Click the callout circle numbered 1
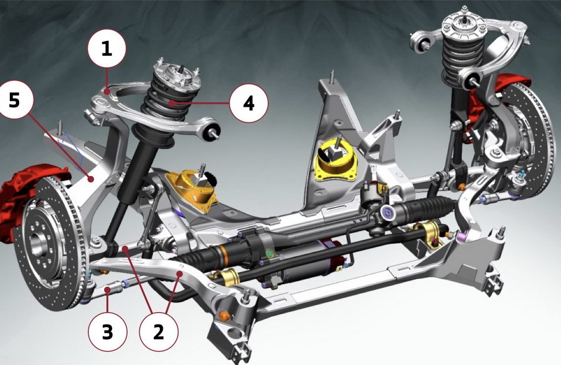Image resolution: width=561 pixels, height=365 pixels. (x=107, y=48)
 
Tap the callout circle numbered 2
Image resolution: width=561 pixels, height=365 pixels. (x=158, y=332)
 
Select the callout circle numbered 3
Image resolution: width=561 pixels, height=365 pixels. (x=107, y=332)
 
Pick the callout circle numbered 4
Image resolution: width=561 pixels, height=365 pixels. (x=249, y=103)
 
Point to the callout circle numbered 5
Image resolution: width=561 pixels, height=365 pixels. (x=14, y=100)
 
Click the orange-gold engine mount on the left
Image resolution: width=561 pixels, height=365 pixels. (x=193, y=191)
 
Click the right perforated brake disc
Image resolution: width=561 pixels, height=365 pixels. (x=527, y=140)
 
